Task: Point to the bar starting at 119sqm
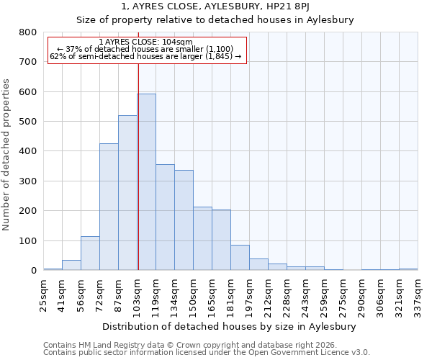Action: coord(165,217)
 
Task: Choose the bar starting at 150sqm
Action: coord(202,238)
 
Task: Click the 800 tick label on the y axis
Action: coord(27,32)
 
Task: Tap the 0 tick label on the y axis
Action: coord(33,271)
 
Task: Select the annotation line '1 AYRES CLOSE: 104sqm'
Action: coord(146,42)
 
